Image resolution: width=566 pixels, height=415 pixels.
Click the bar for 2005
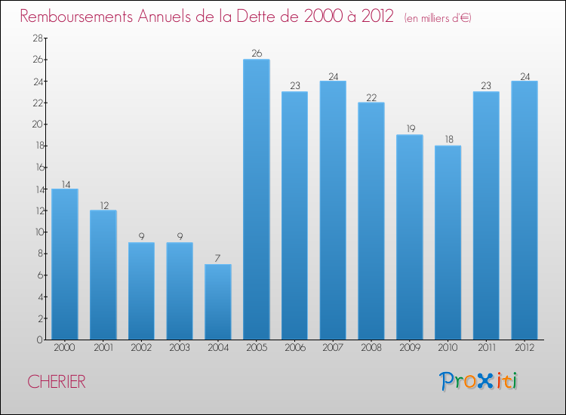257,199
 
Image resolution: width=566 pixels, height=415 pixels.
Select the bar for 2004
218,302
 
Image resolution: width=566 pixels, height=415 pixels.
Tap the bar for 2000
65,264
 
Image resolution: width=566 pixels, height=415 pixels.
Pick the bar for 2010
448,242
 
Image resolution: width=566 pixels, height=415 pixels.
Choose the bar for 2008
371,221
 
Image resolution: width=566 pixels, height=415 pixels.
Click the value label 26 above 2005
257,54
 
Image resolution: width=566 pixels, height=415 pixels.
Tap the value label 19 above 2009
410,129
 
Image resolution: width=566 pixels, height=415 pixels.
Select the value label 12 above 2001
103,204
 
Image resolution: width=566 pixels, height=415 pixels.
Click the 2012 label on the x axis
524,348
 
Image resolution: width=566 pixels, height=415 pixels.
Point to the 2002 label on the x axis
142,348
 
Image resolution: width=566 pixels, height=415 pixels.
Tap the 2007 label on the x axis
333,348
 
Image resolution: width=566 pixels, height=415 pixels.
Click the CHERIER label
57,382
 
